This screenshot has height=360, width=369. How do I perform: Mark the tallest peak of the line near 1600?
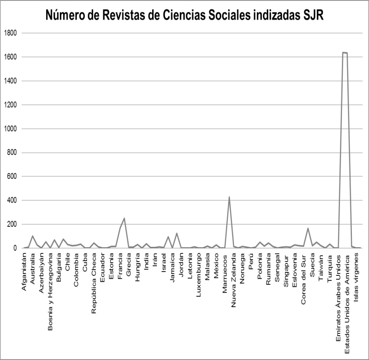pyautogui.click(x=345, y=52)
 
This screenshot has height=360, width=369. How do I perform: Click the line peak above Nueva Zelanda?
pyautogui.click(x=229, y=197)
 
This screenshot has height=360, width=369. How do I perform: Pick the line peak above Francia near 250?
pyautogui.click(x=124, y=218)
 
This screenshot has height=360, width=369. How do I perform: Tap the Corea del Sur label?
pyautogui.click(x=303, y=274)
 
